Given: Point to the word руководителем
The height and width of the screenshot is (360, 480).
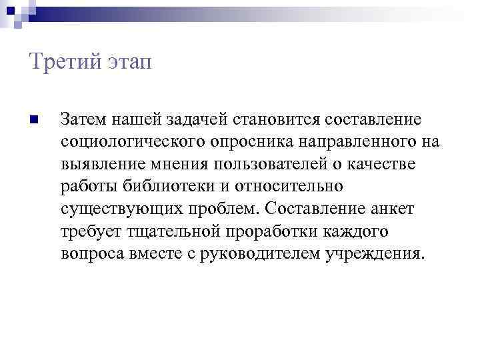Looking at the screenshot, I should tap(256, 255).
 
